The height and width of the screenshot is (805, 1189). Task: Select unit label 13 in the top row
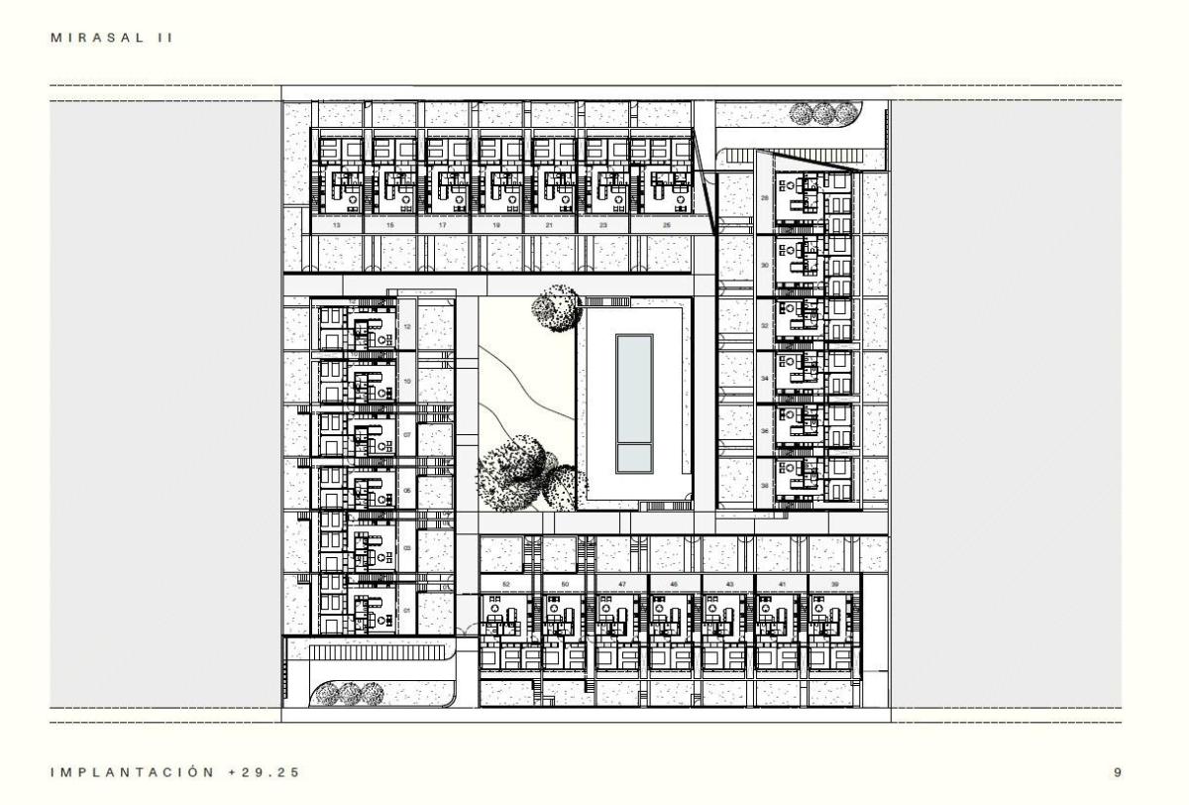pyautogui.click(x=337, y=227)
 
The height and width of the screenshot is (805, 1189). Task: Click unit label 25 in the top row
pyautogui.click(x=666, y=227)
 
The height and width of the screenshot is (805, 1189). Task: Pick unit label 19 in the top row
pyautogui.click(x=495, y=227)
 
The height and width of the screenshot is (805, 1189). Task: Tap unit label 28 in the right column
pyautogui.click(x=765, y=198)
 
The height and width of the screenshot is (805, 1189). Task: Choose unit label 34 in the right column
pyautogui.click(x=765, y=379)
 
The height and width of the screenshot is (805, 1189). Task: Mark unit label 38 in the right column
pyautogui.click(x=765, y=486)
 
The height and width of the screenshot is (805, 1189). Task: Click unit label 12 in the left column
pyautogui.click(x=407, y=327)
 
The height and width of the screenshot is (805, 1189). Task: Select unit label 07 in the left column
pyautogui.click(x=407, y=434)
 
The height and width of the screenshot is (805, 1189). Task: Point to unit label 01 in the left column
pyautogui.click(x=407, y=611)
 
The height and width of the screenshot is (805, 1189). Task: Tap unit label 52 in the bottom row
pyautogui.click(x=506, y=586)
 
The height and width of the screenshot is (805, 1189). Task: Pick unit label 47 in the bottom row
pyautogui.click(x=621, y=586)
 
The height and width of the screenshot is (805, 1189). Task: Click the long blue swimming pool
pyautogui.click(x=634, y=402)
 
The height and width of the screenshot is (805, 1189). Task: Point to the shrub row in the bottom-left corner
pyautogui.click(x=347, y=693)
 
